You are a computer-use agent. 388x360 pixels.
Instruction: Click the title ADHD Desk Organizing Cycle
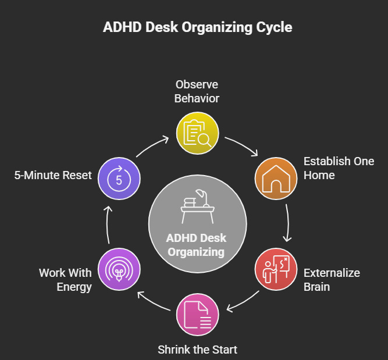click(197, 27)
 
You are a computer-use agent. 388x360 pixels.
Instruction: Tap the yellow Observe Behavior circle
click(198, 133)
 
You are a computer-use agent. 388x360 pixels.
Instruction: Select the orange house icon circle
click(276, 179)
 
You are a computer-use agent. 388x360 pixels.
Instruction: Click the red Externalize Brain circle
click(276, 270)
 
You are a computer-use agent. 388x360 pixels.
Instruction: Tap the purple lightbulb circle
click(119, 270)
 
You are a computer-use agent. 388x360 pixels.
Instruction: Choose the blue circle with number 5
click(119, 179)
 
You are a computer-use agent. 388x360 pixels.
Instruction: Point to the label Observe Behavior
click(197, 91)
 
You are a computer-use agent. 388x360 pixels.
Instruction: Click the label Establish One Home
click(339, 167)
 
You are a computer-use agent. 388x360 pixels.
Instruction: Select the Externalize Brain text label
click(332, 279)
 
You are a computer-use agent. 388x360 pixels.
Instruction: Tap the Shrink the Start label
click(197, 350)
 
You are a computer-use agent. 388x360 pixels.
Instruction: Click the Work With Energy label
click(65, 279)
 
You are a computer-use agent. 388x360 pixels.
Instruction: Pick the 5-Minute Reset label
click(53, 175)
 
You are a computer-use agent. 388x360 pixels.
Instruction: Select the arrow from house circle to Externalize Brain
click(288, 224)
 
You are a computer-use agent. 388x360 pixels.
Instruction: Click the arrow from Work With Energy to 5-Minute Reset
click(108, 224)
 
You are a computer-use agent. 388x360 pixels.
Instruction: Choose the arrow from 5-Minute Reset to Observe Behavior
click(152, 146)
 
